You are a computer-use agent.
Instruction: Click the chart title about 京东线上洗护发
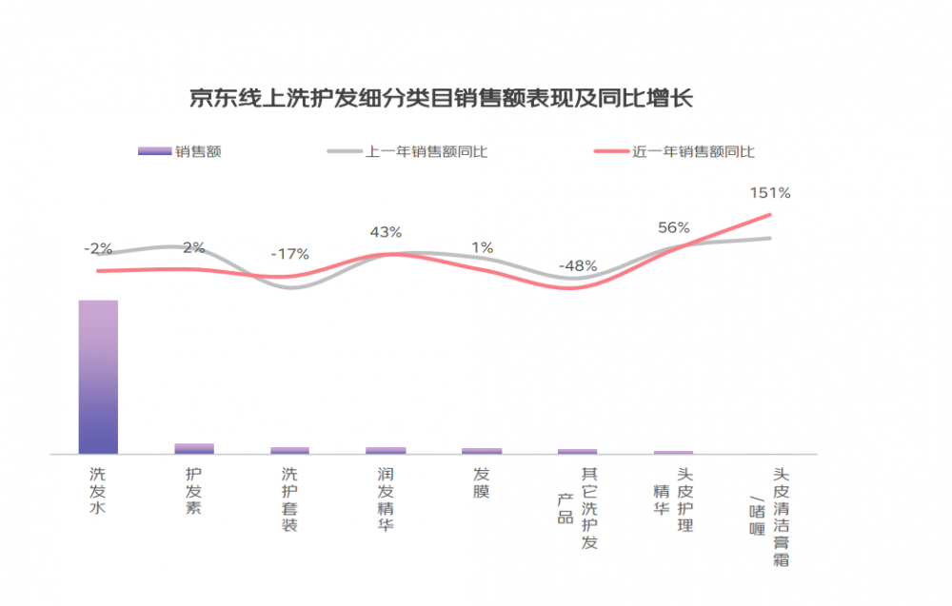(442, 98)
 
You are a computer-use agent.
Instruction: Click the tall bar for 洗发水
(98, 377)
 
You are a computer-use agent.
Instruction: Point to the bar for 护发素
(194, 448)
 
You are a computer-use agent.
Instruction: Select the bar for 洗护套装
(290, 450)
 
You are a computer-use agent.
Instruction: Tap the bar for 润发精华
(387, 450)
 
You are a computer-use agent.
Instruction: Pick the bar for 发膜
(482, 451)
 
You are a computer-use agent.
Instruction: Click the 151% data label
(770, 193)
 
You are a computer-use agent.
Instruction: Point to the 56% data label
(674, 227)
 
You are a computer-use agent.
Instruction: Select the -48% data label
(578, 265)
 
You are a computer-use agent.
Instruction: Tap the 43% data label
(387, 232)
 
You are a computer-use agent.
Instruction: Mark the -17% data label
(290, 254)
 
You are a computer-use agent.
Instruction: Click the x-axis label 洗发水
(98, 491)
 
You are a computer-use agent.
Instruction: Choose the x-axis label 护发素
(193, 491)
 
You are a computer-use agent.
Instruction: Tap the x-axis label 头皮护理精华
(673, 499)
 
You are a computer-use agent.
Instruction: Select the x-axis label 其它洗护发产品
(578, 508)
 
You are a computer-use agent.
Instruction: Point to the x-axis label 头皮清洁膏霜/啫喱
(769, 517)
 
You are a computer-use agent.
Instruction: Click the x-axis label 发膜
(482, 482)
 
